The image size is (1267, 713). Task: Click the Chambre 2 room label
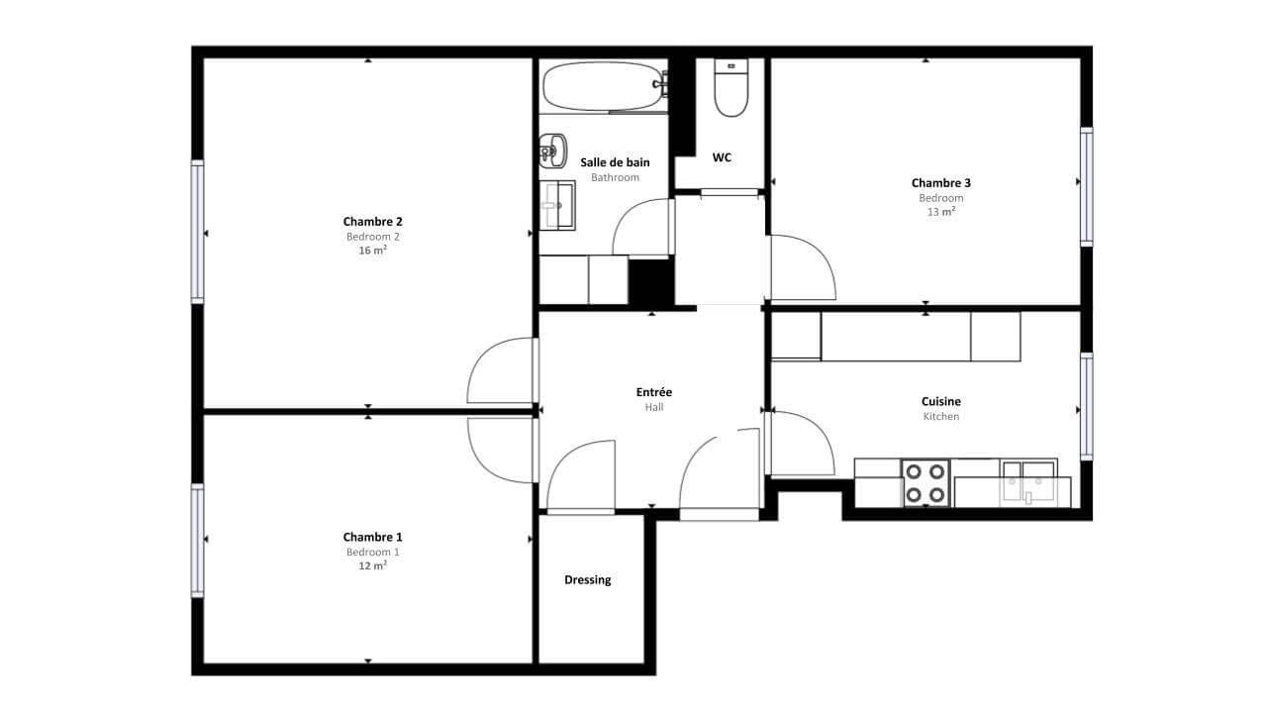[373, 221]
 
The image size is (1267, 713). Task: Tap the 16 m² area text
[373, 251]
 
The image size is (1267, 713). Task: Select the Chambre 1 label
[373, 537]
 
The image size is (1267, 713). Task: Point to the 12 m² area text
[373, 565]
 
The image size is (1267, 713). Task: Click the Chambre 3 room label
[941, 183]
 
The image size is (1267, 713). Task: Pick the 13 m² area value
[941, 212]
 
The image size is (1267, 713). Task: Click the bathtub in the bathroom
[605, 86]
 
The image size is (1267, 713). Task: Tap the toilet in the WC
[731, 88]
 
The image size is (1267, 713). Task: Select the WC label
[722, 157]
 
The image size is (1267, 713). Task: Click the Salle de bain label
[615, 162]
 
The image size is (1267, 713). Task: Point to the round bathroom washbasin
[552, 152]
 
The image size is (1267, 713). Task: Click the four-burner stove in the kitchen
[926, 482]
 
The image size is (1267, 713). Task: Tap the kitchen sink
[1028, 484]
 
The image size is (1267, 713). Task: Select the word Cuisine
[941, 401]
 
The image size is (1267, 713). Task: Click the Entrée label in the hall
[654, 391]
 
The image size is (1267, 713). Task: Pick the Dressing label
[588, 580]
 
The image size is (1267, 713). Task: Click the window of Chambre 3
[1087, 187]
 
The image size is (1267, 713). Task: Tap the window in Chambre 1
[197, 541]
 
